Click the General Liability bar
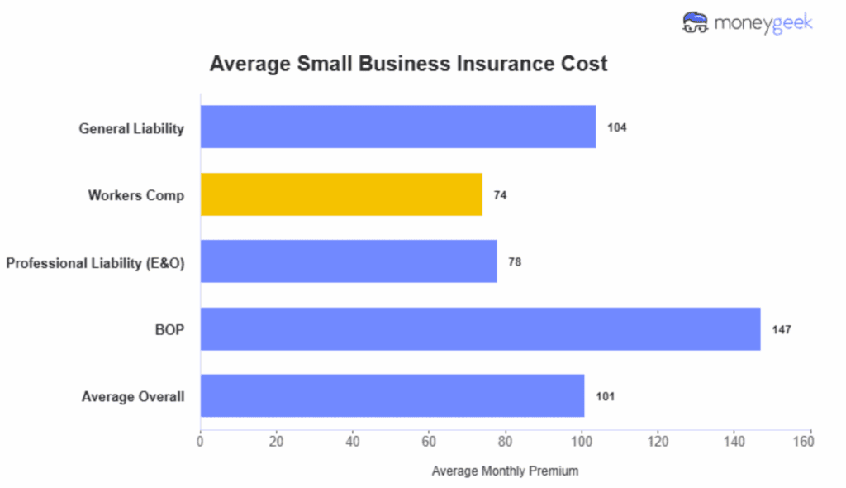[x=397, y=127]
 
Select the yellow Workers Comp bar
[x=340, y=194]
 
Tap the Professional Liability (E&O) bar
[x=348, y=261]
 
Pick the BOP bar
[x=479, y=329]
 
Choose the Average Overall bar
[x=392, y=396]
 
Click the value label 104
[x=616, y=127]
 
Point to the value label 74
[x=500, y=195]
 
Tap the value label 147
[x=781, y=330]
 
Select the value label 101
[x=605, y=397]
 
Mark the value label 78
[x=515, y=262]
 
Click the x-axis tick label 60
[x=429, y=441]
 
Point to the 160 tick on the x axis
[x=810, y=441]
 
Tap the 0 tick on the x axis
[x=200, y=441]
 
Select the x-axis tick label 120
[x=658, y=441]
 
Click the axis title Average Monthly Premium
[x=505, y=471]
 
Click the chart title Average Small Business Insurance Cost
[x=408, y=64]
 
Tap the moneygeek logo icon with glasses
[x=696, y=22]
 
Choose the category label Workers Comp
[x=136, y=195]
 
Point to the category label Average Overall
[x=132, y=397]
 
